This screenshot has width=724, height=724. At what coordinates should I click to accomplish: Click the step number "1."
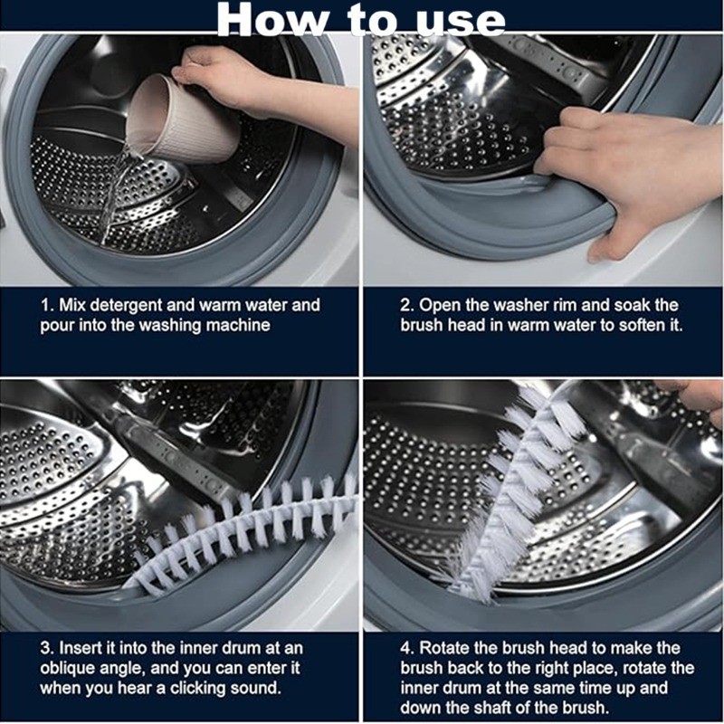pyautogui.click(x=48, y=305)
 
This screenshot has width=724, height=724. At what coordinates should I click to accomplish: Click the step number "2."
pyautogui.click(x=408, y=305)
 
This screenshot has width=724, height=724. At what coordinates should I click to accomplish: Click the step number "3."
pyautogui.click(x=48, y=648)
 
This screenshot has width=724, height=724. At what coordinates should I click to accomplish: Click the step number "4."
pyautogui.click(x=408, y=648)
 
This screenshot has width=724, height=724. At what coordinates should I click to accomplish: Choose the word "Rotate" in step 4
pyautogui.click(x=444, y=648)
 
